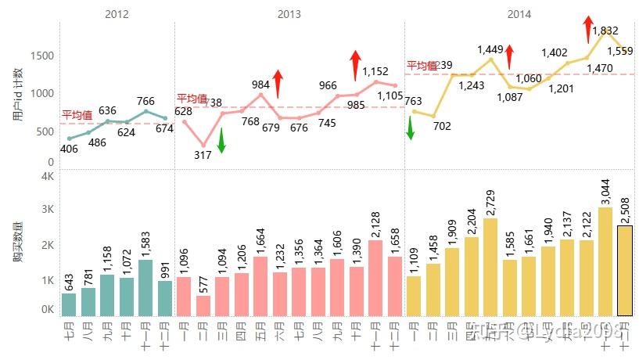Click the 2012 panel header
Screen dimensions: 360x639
click(117, 14)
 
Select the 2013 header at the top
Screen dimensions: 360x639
click(289, 14)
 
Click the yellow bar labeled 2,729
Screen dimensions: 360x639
click(490, 267)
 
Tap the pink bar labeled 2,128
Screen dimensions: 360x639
click(375, 278)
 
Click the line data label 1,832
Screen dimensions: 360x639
click(605, 31)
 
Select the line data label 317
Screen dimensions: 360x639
click(203, 155)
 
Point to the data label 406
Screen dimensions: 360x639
click(69, 149)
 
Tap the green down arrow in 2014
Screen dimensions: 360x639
click(411, 127)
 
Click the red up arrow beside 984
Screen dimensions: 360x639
click(278, 83)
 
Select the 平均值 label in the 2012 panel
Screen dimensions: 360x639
click(77, 115)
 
